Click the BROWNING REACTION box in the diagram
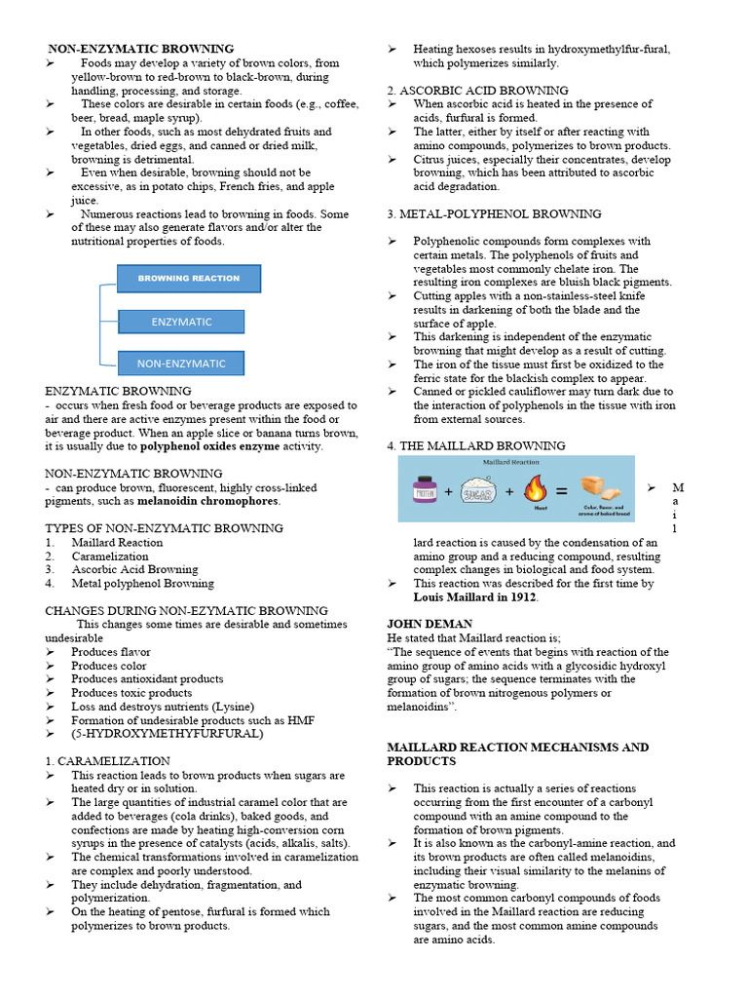click(x=189, y=279)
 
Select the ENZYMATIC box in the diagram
click(x=181, y=322)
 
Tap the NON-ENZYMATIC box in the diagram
click(x=181, y=364)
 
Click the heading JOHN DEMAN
click(x=430, y=624)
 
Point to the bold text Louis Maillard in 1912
click(x=475, y=596)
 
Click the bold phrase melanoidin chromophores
click(x=207, y=501)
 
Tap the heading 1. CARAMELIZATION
click(x=107, y=761)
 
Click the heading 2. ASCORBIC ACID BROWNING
click(x=477, y=91)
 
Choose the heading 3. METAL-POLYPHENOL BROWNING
click(x=494, y=213)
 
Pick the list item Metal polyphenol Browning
click(x=142, y=583)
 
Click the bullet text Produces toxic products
click(x=131, y=693)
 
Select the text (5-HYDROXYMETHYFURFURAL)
click(x=167, y=734)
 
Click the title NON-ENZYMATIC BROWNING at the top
click(x=142, y=49)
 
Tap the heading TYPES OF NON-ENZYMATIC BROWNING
click(x=165, y=528)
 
